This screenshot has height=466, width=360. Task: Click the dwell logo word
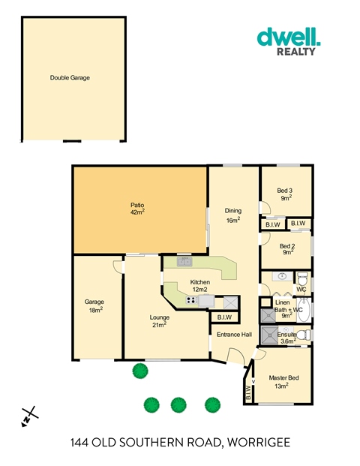[x=289, y=37]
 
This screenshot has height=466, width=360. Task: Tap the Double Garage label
[x=70, y=78]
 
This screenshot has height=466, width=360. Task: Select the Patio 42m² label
[x=137, y=209]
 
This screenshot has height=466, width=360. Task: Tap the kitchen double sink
[x=184, y=262]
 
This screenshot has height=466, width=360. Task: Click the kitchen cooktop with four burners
[x=192, y=300]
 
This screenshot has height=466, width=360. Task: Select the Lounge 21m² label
[x=160, y=321]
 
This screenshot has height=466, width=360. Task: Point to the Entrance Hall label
[x=234, y=335]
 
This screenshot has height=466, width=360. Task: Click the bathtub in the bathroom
[x=304, y=310]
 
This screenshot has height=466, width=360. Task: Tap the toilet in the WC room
[x=303, y=278]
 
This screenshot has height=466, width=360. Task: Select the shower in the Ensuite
[x=269, y=335]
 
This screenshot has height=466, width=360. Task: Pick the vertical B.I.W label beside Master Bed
[x=248, y=392]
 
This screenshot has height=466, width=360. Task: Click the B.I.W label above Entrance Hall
[x=224, y=317]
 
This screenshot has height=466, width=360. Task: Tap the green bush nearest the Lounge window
[x=140, y=371]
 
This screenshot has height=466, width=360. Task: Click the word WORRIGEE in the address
[x=259, y=443]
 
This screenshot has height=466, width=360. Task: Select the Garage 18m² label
[x=94, y=305]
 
